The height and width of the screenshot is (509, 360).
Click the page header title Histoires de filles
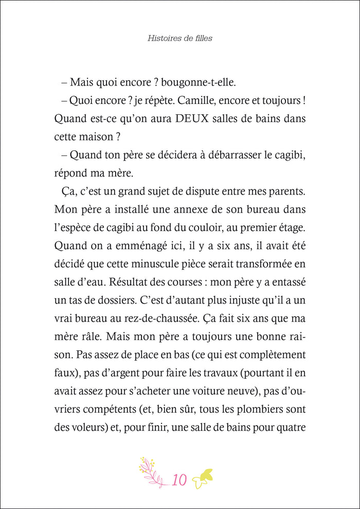click(179, 38)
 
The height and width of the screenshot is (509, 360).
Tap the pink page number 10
click(179, 480)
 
